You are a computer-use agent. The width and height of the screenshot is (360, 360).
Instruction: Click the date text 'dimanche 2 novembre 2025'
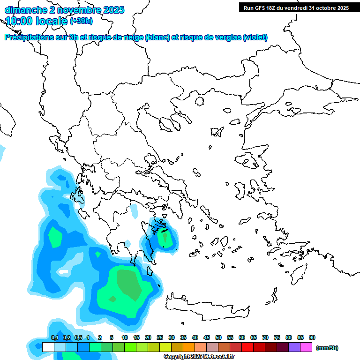click(64, 9)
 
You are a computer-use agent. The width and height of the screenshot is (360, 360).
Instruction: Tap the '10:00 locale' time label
click(36, 21)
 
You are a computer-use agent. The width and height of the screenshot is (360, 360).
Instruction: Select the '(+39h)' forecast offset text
click(81, 21)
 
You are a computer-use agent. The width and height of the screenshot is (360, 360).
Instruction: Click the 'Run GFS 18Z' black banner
click(296, 8)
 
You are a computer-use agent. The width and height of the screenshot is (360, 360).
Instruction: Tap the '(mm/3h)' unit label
click(327, 348)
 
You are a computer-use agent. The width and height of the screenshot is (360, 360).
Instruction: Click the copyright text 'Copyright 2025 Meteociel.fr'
click(199, 357)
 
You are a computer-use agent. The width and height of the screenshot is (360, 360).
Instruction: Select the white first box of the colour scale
click(48, 347)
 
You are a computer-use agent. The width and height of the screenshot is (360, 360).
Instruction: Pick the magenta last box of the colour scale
click(306, 347)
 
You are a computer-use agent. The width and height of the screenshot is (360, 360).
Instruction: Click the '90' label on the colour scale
click(312, 337)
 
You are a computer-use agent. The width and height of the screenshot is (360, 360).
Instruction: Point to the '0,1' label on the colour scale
click(54, 337)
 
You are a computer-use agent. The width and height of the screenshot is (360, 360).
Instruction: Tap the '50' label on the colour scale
click(218, 337)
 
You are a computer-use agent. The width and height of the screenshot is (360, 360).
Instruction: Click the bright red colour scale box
click(247, 347)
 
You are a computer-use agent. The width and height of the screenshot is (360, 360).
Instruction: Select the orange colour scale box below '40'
click(189, 347)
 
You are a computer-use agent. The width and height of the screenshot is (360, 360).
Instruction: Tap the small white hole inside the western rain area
click(62, 271)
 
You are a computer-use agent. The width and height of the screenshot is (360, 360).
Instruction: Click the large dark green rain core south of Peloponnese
click(128, 284)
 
